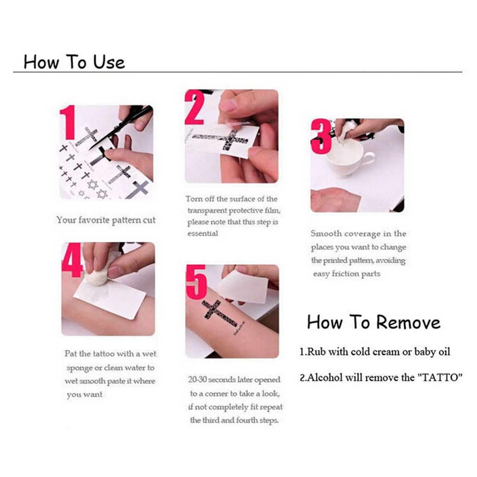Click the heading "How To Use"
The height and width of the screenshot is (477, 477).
pos(74,62)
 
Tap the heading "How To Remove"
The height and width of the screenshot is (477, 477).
pos(374,322)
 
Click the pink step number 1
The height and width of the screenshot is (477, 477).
pos(68,122)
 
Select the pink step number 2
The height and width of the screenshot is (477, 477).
pos(195,108)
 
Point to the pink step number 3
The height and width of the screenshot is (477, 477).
pos(321,136)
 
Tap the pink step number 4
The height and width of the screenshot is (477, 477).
pos(72,260)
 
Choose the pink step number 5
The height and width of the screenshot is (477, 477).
pos(196,282)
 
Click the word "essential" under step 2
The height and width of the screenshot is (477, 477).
pos(203,233)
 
